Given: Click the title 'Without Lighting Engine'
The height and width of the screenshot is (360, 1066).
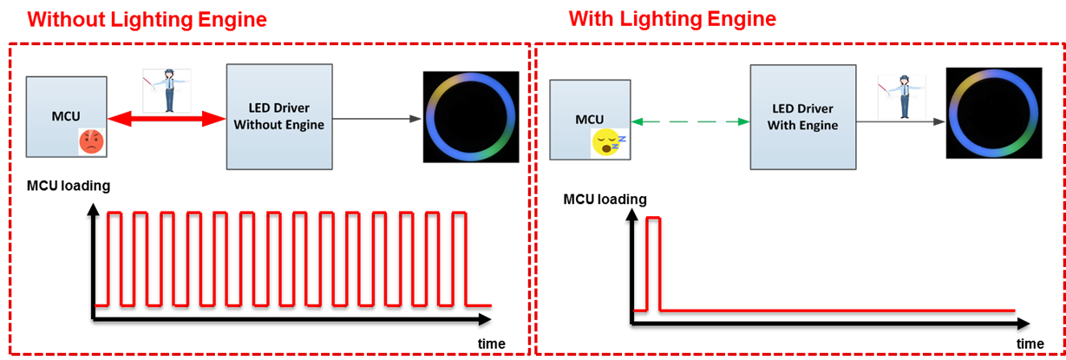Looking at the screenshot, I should coord(147,19).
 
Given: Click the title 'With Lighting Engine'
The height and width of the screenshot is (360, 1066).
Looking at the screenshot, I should coord(671,18).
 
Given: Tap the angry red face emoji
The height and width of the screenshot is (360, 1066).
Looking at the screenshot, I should coord(91,141).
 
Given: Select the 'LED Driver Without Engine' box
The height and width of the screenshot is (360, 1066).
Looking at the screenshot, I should coord(278,116).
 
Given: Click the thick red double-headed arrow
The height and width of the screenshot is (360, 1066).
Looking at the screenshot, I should coord(166,120).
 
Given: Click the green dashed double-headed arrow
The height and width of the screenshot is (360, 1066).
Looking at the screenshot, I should coord(690,122).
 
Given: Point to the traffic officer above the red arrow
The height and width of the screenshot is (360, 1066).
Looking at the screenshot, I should coord(166,89).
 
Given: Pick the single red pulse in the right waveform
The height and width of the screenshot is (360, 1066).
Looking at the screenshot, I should coord(653,260).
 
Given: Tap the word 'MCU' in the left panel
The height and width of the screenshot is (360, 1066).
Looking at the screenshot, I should coord(66,116).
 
